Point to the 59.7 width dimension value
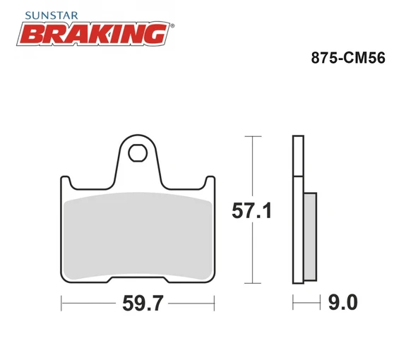(138, 304)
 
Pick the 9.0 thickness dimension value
(342, 304)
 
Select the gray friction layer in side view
(310, 236)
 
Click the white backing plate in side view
(298, 212)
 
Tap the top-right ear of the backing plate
(210, 181)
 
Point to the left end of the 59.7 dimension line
(62, 304)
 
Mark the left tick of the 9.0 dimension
(292, 304)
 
